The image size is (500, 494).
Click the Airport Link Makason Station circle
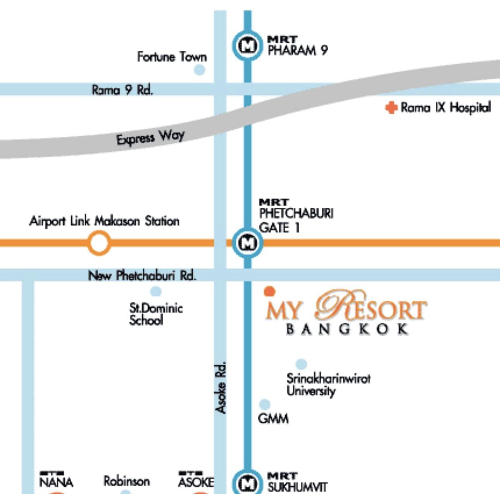(99, 243)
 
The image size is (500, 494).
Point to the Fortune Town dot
(199, 70)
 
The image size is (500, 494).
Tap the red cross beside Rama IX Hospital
(391, 108)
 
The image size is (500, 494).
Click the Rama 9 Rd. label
(122, 90)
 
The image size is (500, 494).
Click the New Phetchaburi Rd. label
(142, 275)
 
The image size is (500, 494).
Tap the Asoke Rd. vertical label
(221, 388)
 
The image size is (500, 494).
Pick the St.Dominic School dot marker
(155, 291)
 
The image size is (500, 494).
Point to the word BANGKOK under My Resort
(347, 329)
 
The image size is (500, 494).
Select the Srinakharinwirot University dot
(301, 364)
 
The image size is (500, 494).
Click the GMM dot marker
(264, 404)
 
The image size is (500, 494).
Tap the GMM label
(273, 419)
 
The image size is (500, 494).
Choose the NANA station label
(56, 482)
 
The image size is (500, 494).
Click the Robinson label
(126, 481)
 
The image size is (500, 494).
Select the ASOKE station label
(195, 482)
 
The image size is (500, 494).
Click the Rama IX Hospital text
(446, 107)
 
